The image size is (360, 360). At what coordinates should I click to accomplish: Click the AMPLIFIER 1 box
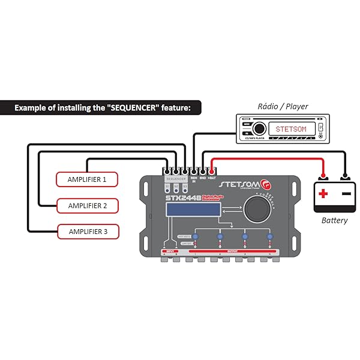pyautogui.click(x=87, y=179)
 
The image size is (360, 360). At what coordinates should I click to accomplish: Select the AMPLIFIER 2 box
pyautogui.click(x=87, y=205)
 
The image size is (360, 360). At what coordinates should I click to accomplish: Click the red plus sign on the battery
pyautogui.click(x=324, y=194)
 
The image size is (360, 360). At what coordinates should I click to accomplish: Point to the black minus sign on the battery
pyautogui.click(x=346, y=194)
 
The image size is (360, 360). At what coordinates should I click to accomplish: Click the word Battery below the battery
pyautogui.click(x=334, y=220)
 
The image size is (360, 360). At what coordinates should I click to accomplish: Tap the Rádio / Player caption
pyautogui.click(x=283, y=106)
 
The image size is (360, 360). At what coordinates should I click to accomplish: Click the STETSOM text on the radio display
pyautogui.click(x=290, y=129)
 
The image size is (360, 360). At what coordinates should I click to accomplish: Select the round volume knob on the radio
pyautogui.click(x=259, y=128)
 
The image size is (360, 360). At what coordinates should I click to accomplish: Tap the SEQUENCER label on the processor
pyautogui.click(x=176, y=179)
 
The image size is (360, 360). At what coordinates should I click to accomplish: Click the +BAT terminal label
pyautogui.click(x=213, y=178)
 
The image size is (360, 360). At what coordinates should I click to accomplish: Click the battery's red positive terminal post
pyautogui.click(x=324, y=178)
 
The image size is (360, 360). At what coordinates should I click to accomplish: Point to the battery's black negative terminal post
pyautogui.click(x=345, y=178)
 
